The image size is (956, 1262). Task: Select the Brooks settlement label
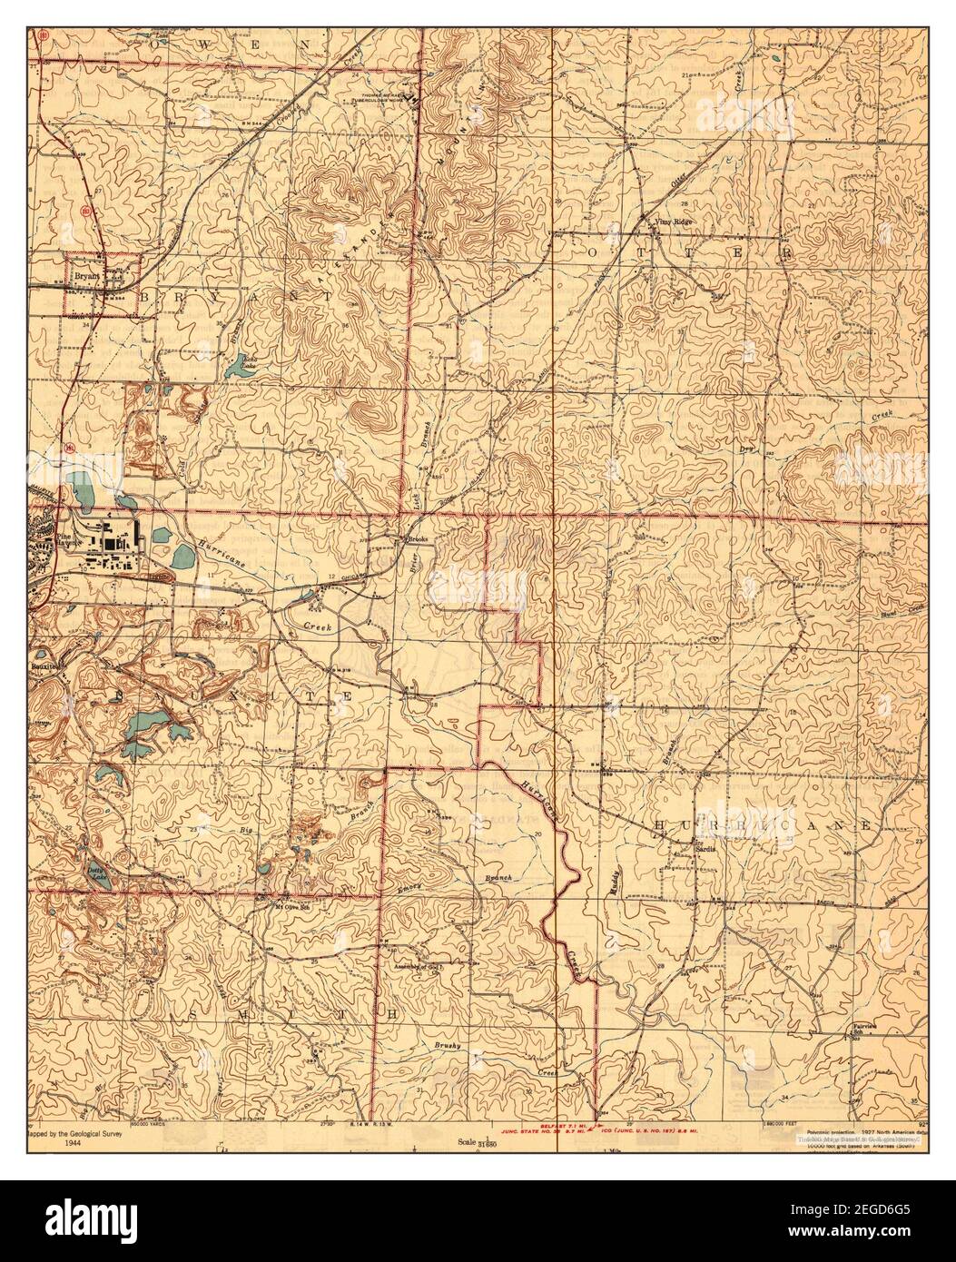[418, 539]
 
